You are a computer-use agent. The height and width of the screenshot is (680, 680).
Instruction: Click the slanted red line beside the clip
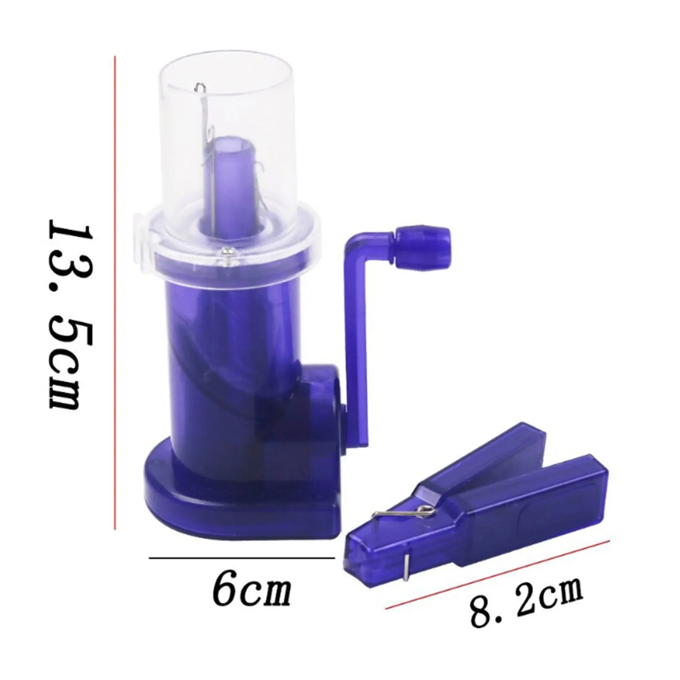[x=498, y=574]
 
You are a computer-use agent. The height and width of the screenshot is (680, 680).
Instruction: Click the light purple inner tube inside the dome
[x=230, y=178]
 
